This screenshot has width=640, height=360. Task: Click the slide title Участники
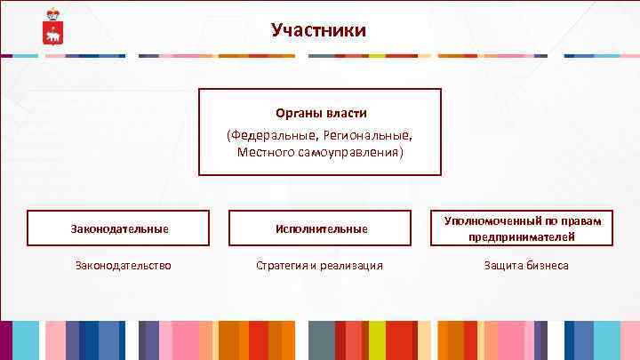(x=319, y=31)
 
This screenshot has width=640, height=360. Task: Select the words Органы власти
(x=320, y=114)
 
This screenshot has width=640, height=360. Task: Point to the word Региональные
(x=364, y=135)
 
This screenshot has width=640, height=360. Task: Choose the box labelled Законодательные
(x=119, y=228)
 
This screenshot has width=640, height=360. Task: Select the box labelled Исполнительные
(x=320, y=228)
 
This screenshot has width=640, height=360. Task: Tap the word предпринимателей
(x=523, y=236)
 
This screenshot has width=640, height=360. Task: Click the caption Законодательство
(x=124, y=265)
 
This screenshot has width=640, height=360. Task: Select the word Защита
(x=503, y=265)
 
